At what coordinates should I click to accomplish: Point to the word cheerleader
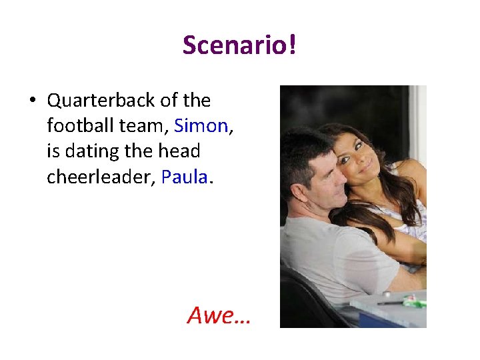coord(100,177)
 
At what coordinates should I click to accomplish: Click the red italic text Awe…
coord(219,314)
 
